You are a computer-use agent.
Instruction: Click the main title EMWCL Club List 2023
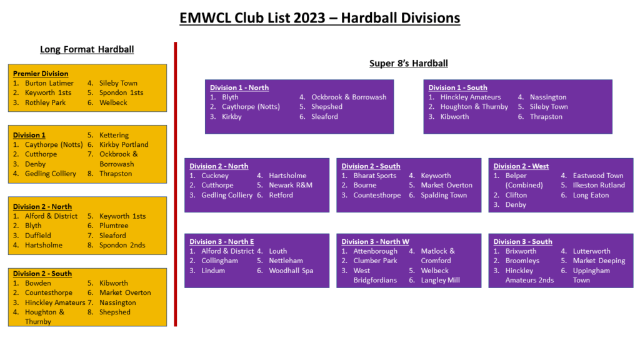tap(319, 18)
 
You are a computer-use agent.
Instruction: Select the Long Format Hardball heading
tap(87, 49)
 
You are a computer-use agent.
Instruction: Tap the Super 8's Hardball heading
tap(409, 63)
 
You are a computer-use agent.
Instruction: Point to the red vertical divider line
tap(176, 184)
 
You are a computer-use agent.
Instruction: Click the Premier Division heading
tap(41, 74)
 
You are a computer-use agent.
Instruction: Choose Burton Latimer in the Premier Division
tap(49, 83)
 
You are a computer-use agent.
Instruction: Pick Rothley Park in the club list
tap(45, 102)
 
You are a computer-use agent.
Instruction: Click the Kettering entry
tap(114, 135)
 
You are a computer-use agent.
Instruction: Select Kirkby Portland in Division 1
tap(124, 144)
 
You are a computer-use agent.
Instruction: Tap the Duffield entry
tap(38, 236)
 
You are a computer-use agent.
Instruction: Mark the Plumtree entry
tap(114, 226)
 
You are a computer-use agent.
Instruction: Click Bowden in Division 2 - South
tap(38, 283)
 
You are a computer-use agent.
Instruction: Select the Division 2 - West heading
tap(521, 166)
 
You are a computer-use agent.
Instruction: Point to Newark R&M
tap(291, 185)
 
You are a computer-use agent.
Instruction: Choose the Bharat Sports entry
tap(375, 176)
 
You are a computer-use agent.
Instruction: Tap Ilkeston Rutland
tap(599, 185)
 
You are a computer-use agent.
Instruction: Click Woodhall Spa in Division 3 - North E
tap(291, 271)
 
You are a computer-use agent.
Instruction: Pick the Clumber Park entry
tap(375, 261)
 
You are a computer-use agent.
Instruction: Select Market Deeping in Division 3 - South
tap(599, 261)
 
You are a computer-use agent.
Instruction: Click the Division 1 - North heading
tap(239, 87)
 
